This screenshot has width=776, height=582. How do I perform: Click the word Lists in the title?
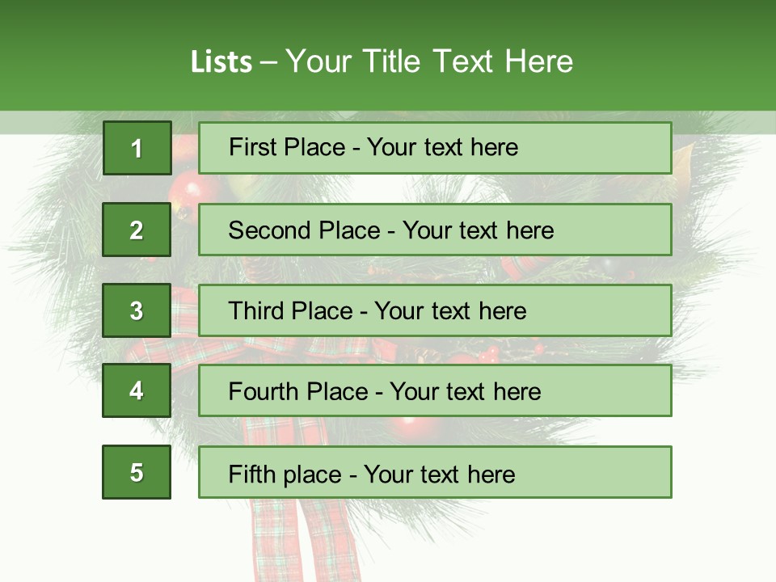(x=221, y=62)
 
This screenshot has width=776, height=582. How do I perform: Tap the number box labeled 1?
(x=137, y=148)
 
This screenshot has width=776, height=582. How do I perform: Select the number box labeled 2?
(x=137, y=230)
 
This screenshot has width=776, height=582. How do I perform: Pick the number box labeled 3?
(x=137, y=310)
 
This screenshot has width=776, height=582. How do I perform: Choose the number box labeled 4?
(x=137, y=390)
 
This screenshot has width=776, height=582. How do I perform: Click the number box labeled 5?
(x=137, y=472)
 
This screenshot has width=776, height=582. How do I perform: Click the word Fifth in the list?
(x=251, y=474)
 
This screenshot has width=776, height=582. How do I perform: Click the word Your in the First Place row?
(x=392, y=147)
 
